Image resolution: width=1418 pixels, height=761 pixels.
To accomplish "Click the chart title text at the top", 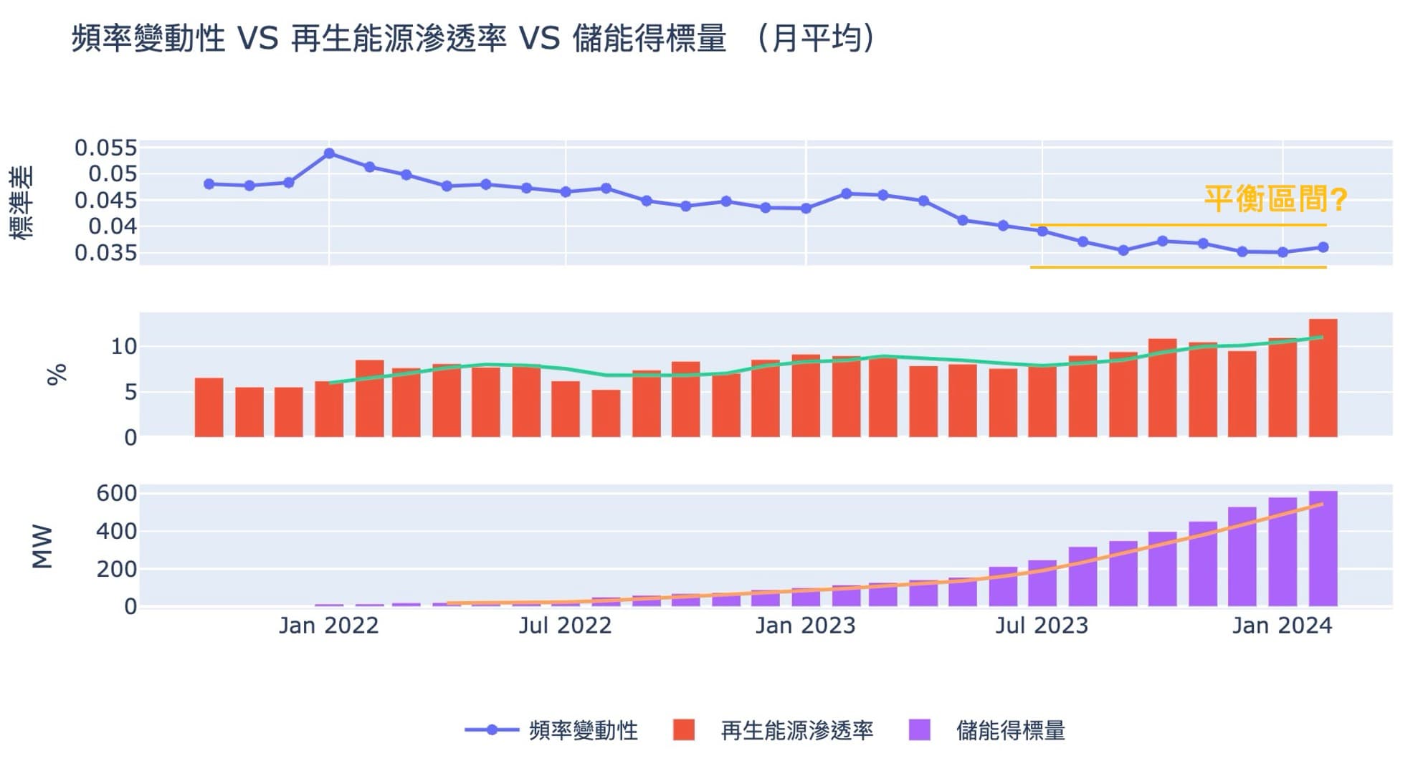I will coord(473,37).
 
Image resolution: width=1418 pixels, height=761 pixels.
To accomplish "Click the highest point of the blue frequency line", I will coord(329,153).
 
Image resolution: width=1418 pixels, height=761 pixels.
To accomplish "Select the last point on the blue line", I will coord(1323,247).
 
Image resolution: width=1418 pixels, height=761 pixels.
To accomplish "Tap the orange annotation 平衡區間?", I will coord(1275,199).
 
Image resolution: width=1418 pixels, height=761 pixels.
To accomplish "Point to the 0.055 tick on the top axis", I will coord(105,148).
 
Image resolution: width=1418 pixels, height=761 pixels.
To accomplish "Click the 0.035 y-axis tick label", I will coord(105,252).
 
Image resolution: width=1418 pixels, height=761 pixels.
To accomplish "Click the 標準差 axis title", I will coord(22,204).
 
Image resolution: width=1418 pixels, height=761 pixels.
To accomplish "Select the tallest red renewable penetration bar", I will coord(1323,378).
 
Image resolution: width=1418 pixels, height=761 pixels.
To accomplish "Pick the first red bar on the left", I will coord(209,407).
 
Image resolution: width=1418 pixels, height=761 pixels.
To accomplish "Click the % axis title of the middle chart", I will coord(56,374).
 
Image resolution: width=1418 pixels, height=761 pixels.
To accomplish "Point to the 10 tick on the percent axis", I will coord(123,347).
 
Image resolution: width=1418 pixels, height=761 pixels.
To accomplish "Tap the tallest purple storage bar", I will coord(1323,548).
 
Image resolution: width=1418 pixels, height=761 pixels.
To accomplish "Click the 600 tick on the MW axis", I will coord(116,493).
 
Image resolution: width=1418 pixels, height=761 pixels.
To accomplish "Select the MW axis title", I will coord(43,547).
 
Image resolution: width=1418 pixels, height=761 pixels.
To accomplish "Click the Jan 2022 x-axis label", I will coord(328,626).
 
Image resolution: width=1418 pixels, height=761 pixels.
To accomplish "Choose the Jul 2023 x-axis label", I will coord(1041,626).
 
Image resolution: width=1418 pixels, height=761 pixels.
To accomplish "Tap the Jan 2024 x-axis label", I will coord(1282,626).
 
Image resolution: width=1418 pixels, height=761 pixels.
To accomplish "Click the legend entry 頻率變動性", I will coord(583,730).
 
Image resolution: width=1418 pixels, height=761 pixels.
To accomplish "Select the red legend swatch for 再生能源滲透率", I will coord(684,730).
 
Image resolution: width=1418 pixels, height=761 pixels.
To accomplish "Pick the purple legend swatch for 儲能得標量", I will coord(919,730).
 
